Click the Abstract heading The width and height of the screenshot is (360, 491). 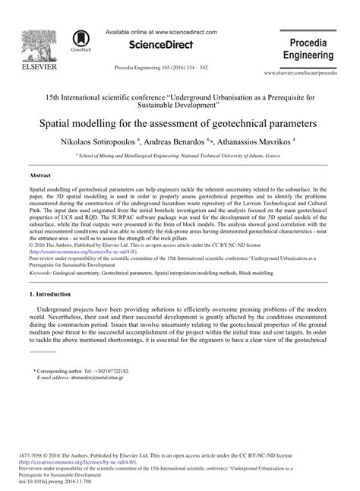(x=42, y=174)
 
